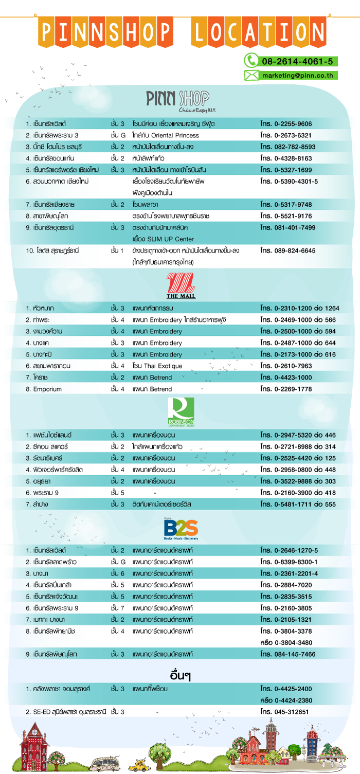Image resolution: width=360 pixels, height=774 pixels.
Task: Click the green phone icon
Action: point(250,61)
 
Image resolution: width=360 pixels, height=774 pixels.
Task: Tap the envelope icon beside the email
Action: point(251,75)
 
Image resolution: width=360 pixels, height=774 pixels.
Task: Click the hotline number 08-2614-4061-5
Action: point(297,62)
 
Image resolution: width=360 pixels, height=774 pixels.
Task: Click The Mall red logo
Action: point(181,286)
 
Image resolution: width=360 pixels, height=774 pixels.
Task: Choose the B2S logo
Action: point(181,529)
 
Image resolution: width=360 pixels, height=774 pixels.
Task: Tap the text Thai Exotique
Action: point(165,366)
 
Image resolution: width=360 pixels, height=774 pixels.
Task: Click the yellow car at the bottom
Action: point(138,766)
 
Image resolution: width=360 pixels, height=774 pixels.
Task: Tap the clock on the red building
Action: point(34,730)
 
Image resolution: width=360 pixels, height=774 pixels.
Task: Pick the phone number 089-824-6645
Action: point(295,250)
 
